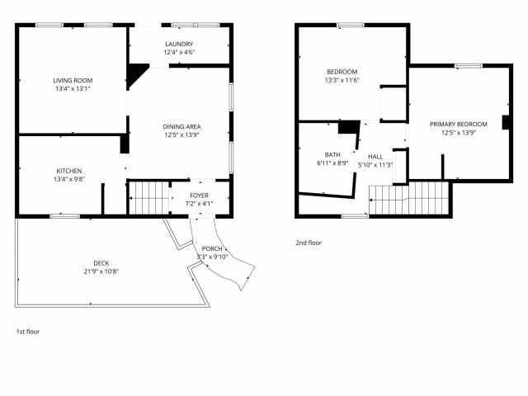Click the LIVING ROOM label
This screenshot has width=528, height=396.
point(71,80)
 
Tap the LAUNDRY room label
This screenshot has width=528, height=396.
point(179,44)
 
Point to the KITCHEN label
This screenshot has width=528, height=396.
point(68,171)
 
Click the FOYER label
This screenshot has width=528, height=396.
point(200,195)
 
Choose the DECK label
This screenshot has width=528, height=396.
point(101,263)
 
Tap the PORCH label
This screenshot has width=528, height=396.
point(210,247)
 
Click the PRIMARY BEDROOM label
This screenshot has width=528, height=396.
point(458,124)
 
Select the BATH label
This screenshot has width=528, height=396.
point(332,154)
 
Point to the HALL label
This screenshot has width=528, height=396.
point(375,156)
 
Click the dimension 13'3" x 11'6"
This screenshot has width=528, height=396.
point(341,80)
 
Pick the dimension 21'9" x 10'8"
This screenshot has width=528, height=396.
point(101,271)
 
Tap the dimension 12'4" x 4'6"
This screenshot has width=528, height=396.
point(179,52)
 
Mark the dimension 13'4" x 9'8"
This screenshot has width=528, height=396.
point(68,179)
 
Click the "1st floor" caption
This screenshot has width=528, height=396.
point(28,332)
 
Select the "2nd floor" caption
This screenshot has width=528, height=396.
point(309,243)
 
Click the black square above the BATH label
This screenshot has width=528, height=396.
point(349,127)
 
